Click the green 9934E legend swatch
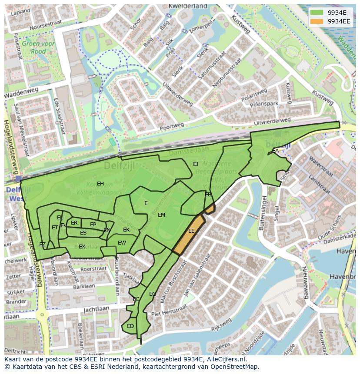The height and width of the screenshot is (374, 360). [x=317, y=13]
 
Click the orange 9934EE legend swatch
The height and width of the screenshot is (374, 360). [x=317, y=21]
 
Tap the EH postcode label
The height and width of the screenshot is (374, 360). [x=100, y=184]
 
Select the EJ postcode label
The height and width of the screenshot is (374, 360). [x=196, y=164]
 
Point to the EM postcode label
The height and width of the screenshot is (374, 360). [x=161, y=215]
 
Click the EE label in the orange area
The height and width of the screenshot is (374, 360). [x=191, y=231]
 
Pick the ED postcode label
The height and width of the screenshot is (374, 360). [x=130, y=326]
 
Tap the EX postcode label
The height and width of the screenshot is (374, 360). [x=82, y=247]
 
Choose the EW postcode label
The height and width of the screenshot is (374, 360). [x=122, y=243]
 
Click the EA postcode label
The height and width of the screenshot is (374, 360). [x=275, y=151]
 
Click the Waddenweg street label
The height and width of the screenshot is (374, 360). [x=21, y=93]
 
